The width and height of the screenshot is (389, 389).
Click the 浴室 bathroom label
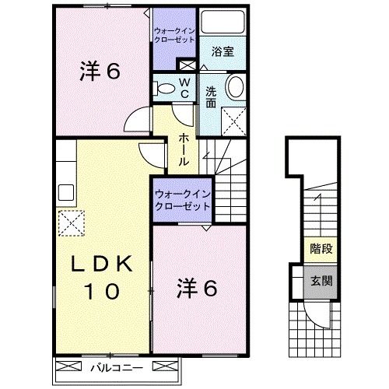coord(223,52)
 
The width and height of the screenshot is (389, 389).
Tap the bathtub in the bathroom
coord(221,24)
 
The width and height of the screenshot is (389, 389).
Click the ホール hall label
coord(182,149)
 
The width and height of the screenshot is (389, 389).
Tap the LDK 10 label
coord(100,279)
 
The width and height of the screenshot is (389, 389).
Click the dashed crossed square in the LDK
coord(71,222)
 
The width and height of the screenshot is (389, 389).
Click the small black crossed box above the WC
coord(187,65)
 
